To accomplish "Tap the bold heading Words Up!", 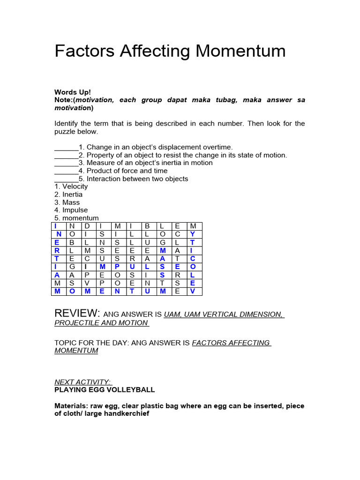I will [73, 92].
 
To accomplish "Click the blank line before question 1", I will [66, 147].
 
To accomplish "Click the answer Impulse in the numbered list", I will [75, 210].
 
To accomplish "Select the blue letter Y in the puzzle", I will [192, 234].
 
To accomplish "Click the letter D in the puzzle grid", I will [87, 226].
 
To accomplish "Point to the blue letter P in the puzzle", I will [117, 267].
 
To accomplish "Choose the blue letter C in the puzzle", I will [192, 259].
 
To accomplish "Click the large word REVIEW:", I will [76, 313].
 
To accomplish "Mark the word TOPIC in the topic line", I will [66, 343].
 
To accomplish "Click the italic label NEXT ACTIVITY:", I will [83, 382].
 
